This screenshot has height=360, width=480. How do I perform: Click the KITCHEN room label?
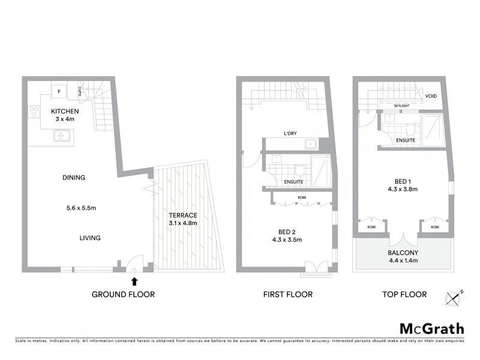coord(63,111)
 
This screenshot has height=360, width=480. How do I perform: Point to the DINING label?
coord(74,178)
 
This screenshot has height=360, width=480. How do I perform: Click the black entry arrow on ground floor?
coord(134,280)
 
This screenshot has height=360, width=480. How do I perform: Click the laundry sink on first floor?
coord(311,144)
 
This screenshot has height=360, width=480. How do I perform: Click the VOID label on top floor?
coord(431,96)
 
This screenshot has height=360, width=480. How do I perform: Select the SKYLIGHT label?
coord(401,106)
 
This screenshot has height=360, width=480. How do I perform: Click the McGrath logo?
coord(431,328)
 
